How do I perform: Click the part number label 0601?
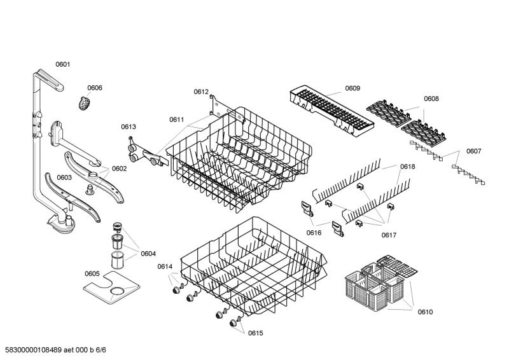click(62, 64)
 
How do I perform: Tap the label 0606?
click(95, 88)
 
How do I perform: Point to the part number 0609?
click(352, 88)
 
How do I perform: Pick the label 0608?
click(431, 99)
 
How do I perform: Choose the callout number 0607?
click(473, 151)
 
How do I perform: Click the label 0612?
click(201, 92)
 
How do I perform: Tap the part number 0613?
click(129, 127)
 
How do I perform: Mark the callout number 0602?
click(119, 169)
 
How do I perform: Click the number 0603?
click(64, 177)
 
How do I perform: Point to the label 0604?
click(148, 254)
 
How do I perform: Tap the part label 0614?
click(165, 266)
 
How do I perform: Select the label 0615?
click(255, 333)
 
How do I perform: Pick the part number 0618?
click(407, 167)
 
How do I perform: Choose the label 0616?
click(314, 232)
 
